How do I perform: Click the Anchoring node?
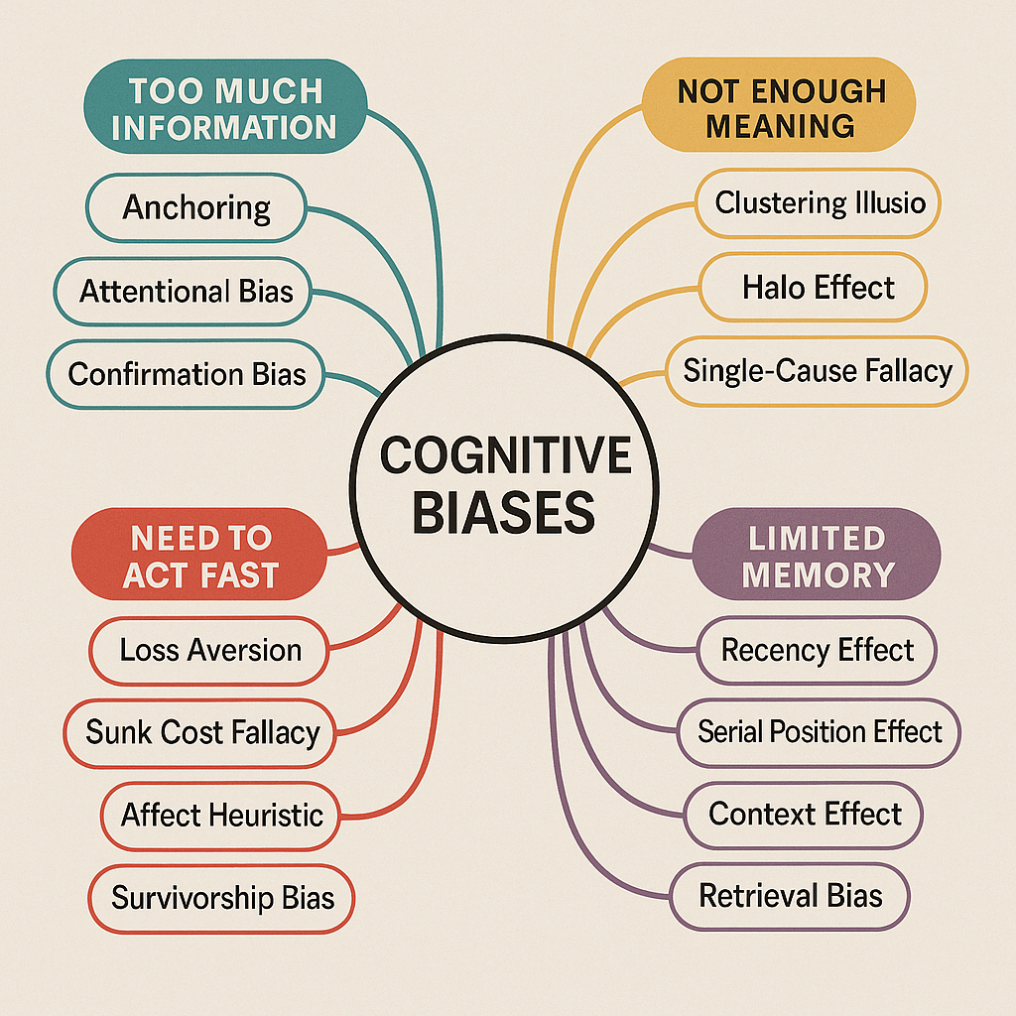196,207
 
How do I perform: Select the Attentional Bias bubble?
183,291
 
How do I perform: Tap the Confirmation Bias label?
186,374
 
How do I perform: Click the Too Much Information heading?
225,107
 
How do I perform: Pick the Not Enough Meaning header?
779,105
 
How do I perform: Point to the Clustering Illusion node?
818,202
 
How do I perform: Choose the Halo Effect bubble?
814,287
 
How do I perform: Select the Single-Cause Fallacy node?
818,371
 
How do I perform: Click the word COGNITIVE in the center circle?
505,454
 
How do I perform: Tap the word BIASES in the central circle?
503,512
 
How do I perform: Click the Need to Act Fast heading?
199,555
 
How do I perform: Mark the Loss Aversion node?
209,650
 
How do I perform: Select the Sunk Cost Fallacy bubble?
200,733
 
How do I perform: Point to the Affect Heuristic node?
221,816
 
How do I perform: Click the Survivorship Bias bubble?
221,898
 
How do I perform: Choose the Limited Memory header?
817,556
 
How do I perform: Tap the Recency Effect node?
818,650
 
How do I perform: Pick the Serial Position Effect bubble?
819,732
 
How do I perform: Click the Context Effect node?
804,815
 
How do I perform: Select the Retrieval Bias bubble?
790,896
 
